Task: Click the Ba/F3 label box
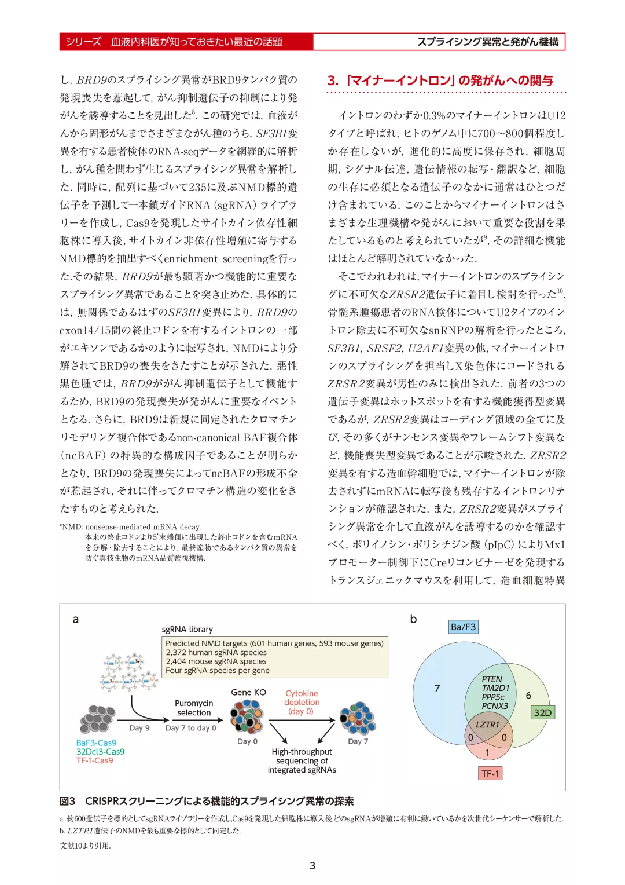pyautogui.click(x=464, y=627)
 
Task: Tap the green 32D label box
pyautogui.click(x=542, y=712)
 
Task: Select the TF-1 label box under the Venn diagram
pyautogui.click(x=490, y=773)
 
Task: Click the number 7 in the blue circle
pyautogui.click(x=437, y=688)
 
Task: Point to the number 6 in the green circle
pyautogui.click(x=528, y=695)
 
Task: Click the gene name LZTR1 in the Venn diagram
pyautogui.click(x=487, y=725)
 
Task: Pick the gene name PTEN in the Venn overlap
pyautogui.click(x=492, y=679)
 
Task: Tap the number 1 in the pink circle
pyautogui.click(x=487, y=753)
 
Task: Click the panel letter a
pyautogui.click(x=75, y=619)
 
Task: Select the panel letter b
pyautogui.click(x=413, y=619)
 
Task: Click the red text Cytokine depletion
pyautogui.click(x=302, y=702)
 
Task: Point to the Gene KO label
pyautogui.click(x=248, y=692)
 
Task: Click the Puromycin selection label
pyautogui.click(x=194, y=708)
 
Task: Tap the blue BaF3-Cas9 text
pyautogui.click(x=96, y=743)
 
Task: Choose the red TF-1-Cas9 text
pyautogui.click(x=95, y=760)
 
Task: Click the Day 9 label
pyautogui.click(x=139, y=728)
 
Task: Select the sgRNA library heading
pyautogui.click(x=187, y=630)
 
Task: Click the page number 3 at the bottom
pyautogui.click(x=312, y=865)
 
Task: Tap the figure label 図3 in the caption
pyautogui.click(x=68, y=802)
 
